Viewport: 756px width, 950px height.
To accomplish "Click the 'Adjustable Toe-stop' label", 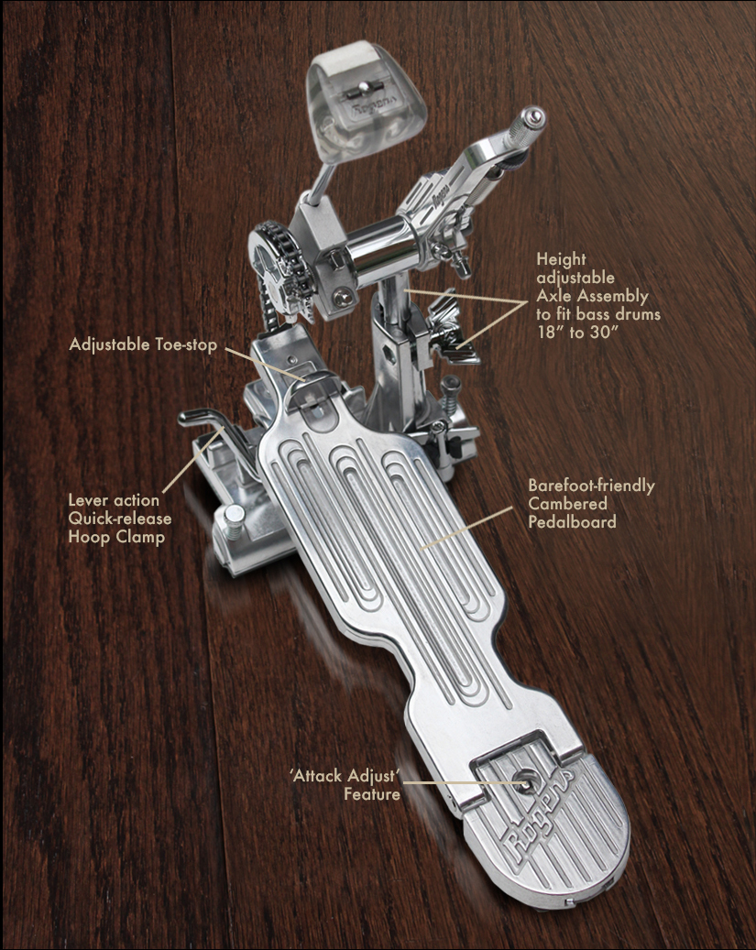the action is tap(143, 344).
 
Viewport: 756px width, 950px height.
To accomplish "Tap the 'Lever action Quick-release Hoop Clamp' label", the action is tap(119, 519).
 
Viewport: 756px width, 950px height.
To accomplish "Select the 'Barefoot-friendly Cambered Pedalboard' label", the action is tap(591, 504).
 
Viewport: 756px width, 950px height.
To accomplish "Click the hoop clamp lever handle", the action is tap(206, 426).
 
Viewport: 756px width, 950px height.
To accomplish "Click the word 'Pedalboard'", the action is tap(572, 521).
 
